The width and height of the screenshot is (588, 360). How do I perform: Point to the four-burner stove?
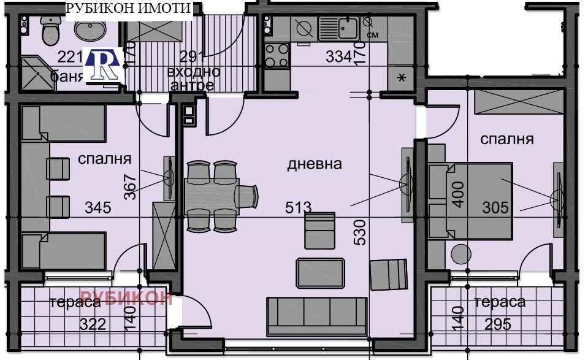276,56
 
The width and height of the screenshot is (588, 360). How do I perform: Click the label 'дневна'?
315,164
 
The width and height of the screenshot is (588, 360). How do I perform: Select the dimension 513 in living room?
298,207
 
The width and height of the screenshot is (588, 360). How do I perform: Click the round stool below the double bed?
460,253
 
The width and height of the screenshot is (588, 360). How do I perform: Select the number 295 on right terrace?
498,324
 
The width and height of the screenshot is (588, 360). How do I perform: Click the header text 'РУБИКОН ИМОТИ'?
128,9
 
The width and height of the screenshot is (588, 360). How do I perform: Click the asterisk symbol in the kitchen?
402,77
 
